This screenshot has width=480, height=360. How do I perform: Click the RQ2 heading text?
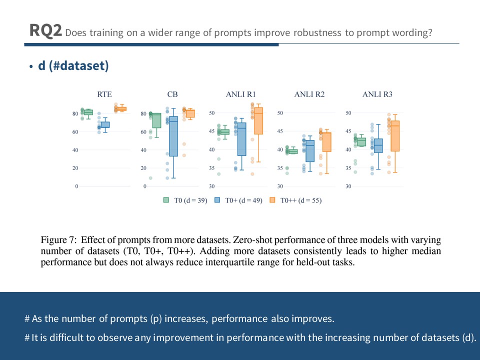(x=45, y=31)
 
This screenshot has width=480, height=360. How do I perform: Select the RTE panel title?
(x=104, y=94)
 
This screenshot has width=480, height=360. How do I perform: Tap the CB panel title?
(x=172, y=94)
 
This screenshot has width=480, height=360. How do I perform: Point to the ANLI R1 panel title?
(x=241, y=94)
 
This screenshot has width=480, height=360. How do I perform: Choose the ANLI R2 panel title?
(x=309, y=94)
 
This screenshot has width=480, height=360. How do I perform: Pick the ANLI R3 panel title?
(x=377, y=94)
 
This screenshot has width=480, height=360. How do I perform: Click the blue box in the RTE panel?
(x=105, y=124)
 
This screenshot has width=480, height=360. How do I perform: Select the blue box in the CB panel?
(x=173, y=136)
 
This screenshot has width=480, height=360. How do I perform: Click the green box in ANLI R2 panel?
(x=293, y=151)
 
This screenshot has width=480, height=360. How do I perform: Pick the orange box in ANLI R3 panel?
(x=395, y=136)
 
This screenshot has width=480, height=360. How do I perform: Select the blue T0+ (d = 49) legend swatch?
(x=218, y=200)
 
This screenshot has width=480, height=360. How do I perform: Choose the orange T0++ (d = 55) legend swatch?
(x=272, y=200)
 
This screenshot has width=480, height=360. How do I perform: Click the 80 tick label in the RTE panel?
(x=74, y=114)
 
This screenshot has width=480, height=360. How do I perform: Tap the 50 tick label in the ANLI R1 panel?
(x=211, y=113)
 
